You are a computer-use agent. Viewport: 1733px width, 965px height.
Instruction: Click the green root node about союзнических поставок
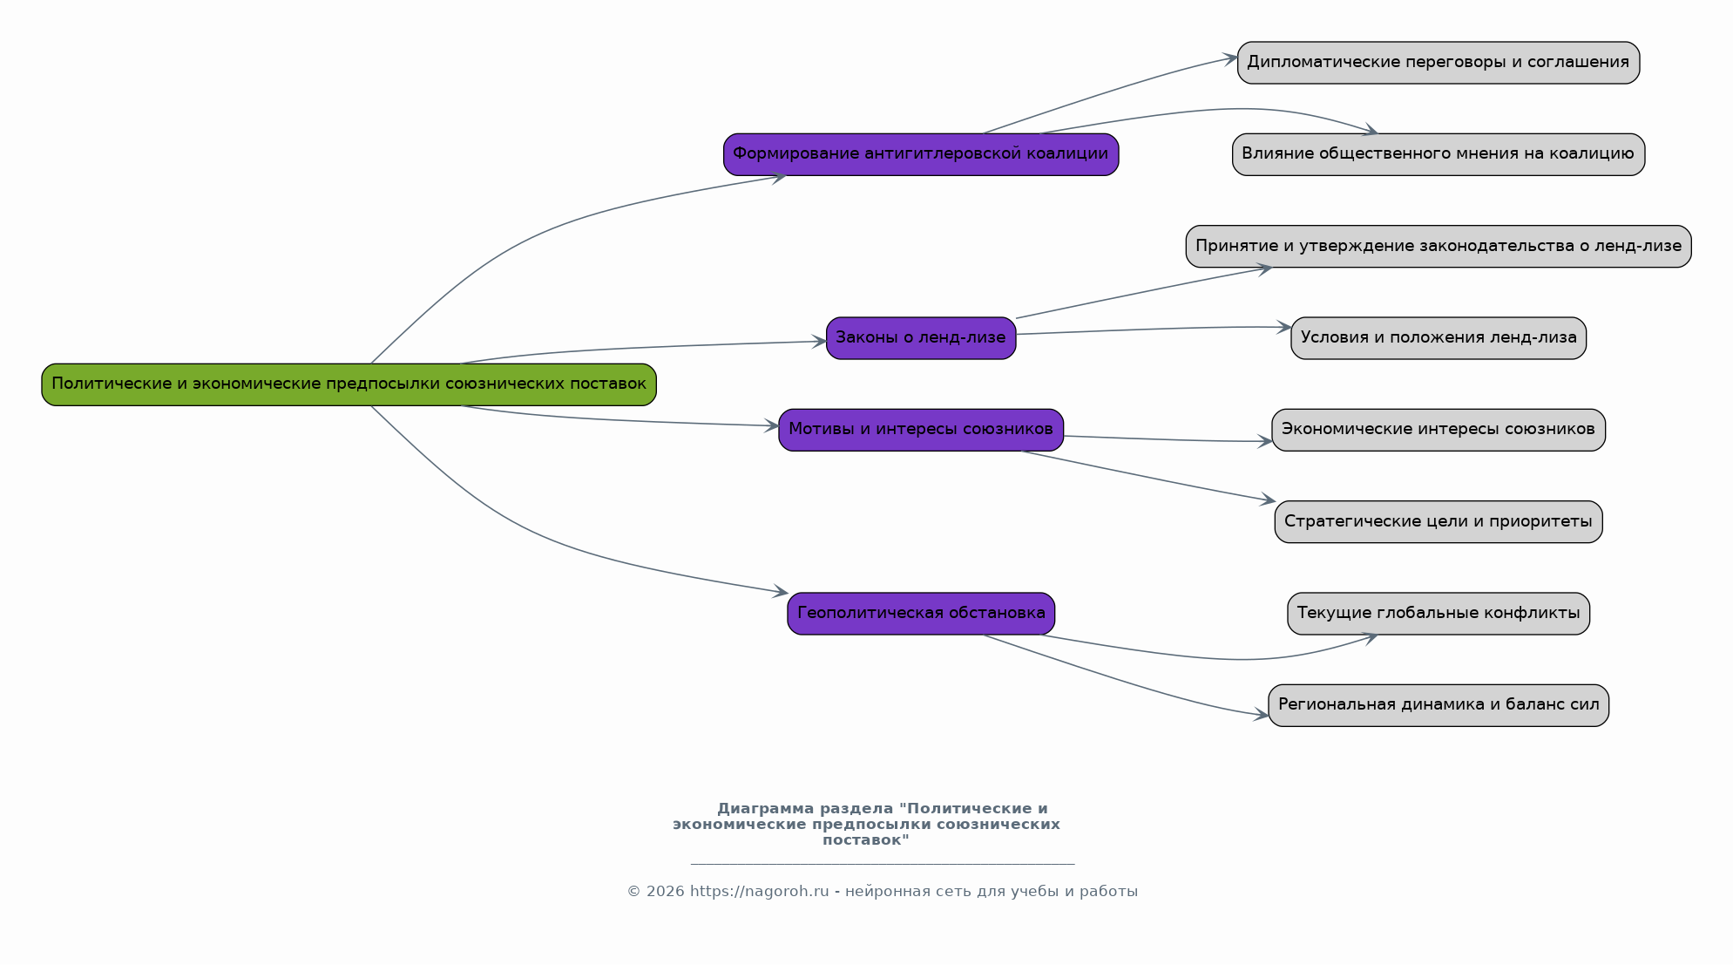(349, 384)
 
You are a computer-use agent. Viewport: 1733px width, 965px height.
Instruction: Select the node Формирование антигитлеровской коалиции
(921, 154)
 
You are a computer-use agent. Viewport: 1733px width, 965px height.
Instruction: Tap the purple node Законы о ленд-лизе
(921, 338)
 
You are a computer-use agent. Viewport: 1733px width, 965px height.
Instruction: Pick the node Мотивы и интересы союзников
(921, 430)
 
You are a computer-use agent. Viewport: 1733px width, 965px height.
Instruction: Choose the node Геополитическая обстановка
(921, 614)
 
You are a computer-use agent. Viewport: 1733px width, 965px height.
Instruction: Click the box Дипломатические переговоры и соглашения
(1439, 63)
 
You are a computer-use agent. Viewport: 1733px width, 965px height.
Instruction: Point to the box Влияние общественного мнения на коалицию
(1439, 154)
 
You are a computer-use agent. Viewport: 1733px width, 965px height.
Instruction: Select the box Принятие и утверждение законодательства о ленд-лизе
(1439, 247)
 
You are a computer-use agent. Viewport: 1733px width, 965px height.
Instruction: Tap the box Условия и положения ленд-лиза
(1439, 338)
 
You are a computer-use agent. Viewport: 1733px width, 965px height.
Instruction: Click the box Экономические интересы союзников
(1439, 430)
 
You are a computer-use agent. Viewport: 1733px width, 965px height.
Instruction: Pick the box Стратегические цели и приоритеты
(1439, 522)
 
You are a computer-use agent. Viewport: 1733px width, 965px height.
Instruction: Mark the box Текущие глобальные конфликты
(1439, 614)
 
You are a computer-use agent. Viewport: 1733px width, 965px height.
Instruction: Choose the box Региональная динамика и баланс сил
(1439, 705)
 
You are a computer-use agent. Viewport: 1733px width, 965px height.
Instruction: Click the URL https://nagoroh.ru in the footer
(759, 892)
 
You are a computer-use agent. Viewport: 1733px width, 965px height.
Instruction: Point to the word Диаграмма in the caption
(765, 809)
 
